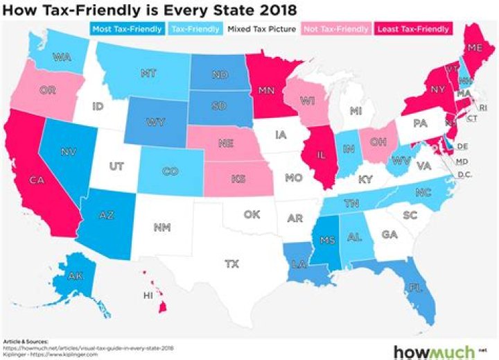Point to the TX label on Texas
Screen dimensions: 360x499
tap(231, 264)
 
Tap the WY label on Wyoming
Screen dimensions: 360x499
tap(154, 123)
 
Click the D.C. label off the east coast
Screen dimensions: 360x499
tap(465, 174)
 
